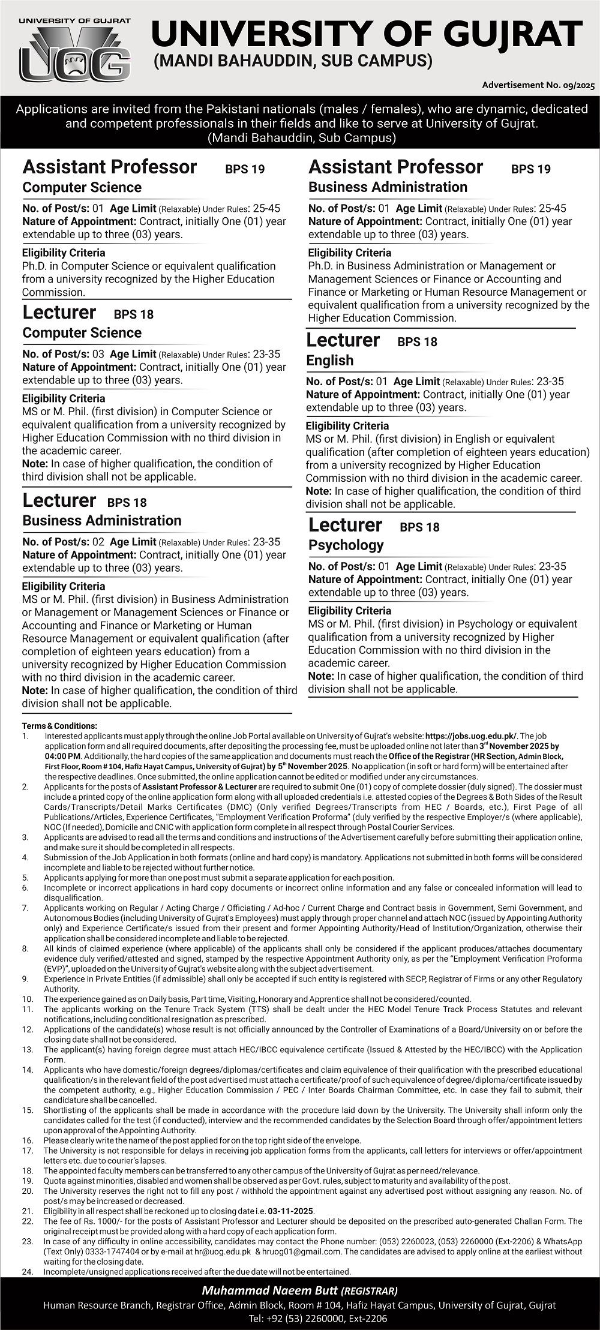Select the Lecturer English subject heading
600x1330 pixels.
pyautogui.click(x=329, y=361)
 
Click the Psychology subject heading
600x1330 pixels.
pyautogui.click(x=346, y=545)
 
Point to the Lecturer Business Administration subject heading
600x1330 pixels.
pyautogui.click(x=101, y=521)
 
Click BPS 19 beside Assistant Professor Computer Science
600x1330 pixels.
pyautogui.click(x=245, y=169)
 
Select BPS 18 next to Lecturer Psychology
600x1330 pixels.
pyautogui.click(x=419, y=527)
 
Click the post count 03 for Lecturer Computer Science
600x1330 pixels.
pyautogui.click(x=98, y=354)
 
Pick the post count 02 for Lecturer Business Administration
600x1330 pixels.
pyautogui.click(x=98, y=542)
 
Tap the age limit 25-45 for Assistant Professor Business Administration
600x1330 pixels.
pyautogui.click(x=552, y=209)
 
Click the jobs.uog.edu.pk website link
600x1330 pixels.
pyautogui.click(x=470, y=735)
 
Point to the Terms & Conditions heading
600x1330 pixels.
pyautogui.click(x=59, y=726)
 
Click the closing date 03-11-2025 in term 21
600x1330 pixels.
pyautogui.click(x=292, y=1211)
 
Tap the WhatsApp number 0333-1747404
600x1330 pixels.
pyautogui.click(x=88, y=1252)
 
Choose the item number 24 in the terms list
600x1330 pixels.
pyautogui.click(x=28, y=1272)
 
